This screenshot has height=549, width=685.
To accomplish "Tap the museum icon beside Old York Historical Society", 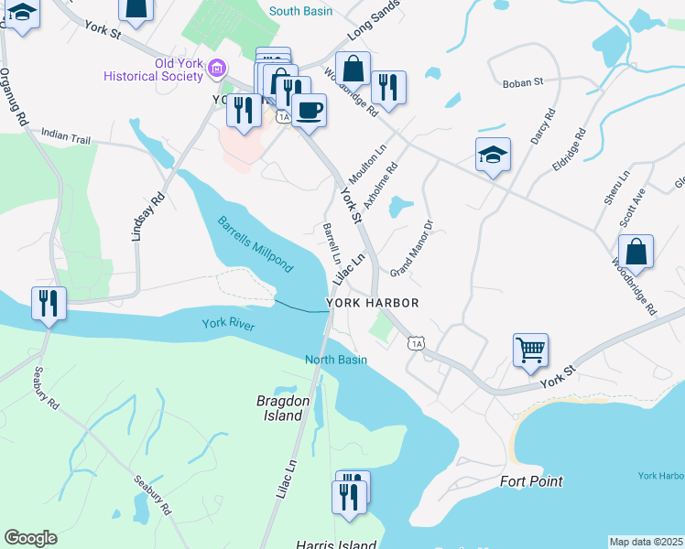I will click(x=218, y=68).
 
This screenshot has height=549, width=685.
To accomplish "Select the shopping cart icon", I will click(x=530, y=350).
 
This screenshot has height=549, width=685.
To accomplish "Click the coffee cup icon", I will click(x=310, y=110).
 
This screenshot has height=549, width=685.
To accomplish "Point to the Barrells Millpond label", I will click(x=256, y=244).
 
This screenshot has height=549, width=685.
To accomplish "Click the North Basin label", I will click(x=336, y=360).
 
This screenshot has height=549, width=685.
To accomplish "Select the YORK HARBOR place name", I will click(x=373, y=303).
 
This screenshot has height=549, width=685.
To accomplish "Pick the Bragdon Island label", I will click(x=278, y=408).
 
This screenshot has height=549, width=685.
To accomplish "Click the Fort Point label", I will click(x=531, y=481).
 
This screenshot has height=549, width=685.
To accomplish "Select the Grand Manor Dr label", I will click(x=411, y=248).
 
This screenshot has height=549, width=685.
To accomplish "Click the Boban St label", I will click(x=523, y=82).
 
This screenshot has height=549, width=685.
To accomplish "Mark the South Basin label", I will click(x=301, y=11).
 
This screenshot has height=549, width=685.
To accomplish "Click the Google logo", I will click(x=30, y=538).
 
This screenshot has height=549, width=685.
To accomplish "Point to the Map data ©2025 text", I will click(x=646, y=542).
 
